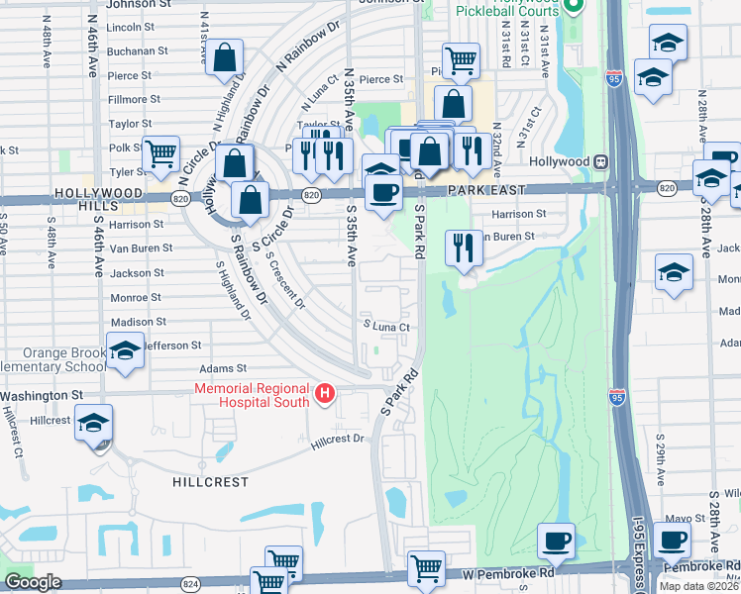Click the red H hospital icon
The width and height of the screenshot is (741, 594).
click(x=324, y=395)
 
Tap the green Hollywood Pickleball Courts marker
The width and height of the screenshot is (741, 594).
click(x=573, y=8)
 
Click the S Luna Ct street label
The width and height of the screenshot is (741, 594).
click(x=385, y=326)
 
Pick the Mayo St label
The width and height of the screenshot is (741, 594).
click(x=679, y=518)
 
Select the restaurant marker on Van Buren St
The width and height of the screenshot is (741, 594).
click(x=462, y=247)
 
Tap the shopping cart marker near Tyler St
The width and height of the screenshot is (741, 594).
click(x=160, y=153)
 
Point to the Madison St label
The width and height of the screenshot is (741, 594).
click(x=132, y=322)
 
